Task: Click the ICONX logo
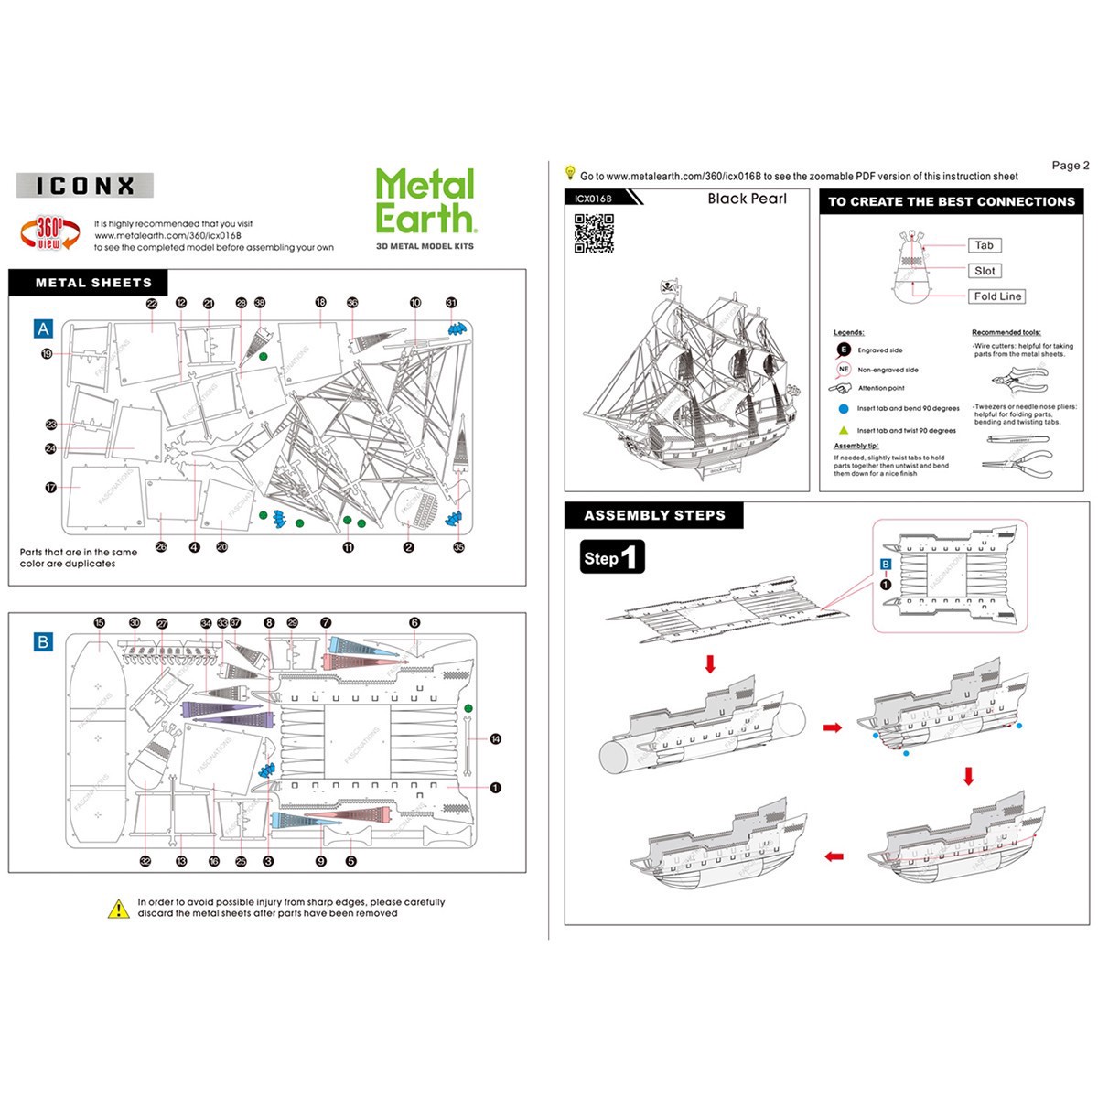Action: click(x=85, y=186)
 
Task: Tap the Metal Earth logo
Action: click(x=425, y=202)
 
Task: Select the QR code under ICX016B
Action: click(x=593, y=233)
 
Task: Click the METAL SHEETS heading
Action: click(x=93, y=283)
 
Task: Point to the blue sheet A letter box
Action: click(x=43, y=329)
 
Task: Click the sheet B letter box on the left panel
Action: click(x=43, y=641)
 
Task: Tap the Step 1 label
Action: click(x=612, y=557)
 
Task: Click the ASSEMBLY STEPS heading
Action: click(x=654, y=515)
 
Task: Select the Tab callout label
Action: click(x=984, y=245)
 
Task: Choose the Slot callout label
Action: click(x=985, y=271)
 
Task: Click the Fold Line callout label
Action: click(x=996, y=296)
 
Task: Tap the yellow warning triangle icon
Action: click(x=119, y=909)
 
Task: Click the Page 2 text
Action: click(x=1070, y=166)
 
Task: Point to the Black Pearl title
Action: click(x=747, y=199)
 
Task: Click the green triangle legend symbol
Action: click(x=844, y=430)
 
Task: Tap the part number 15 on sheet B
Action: click(x=99, y=623)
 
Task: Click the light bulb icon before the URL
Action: click(x=570, y=173)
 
